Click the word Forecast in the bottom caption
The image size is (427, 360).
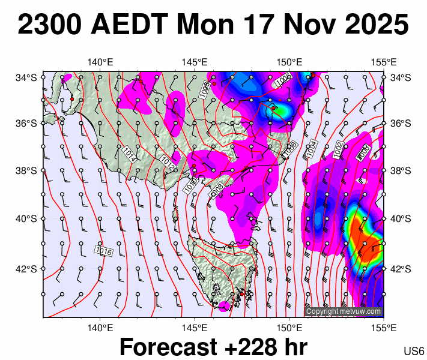[x=168, y=347]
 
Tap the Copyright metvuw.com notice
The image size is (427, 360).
[x=344, y=311]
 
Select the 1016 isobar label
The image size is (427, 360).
[x=104, y=251]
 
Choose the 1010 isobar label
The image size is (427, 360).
[x=190, y=185]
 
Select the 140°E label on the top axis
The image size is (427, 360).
[x=100, y=62]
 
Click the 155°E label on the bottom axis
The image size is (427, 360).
[x=384, y=328]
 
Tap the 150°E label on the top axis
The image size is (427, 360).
[x=289, y=62]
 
